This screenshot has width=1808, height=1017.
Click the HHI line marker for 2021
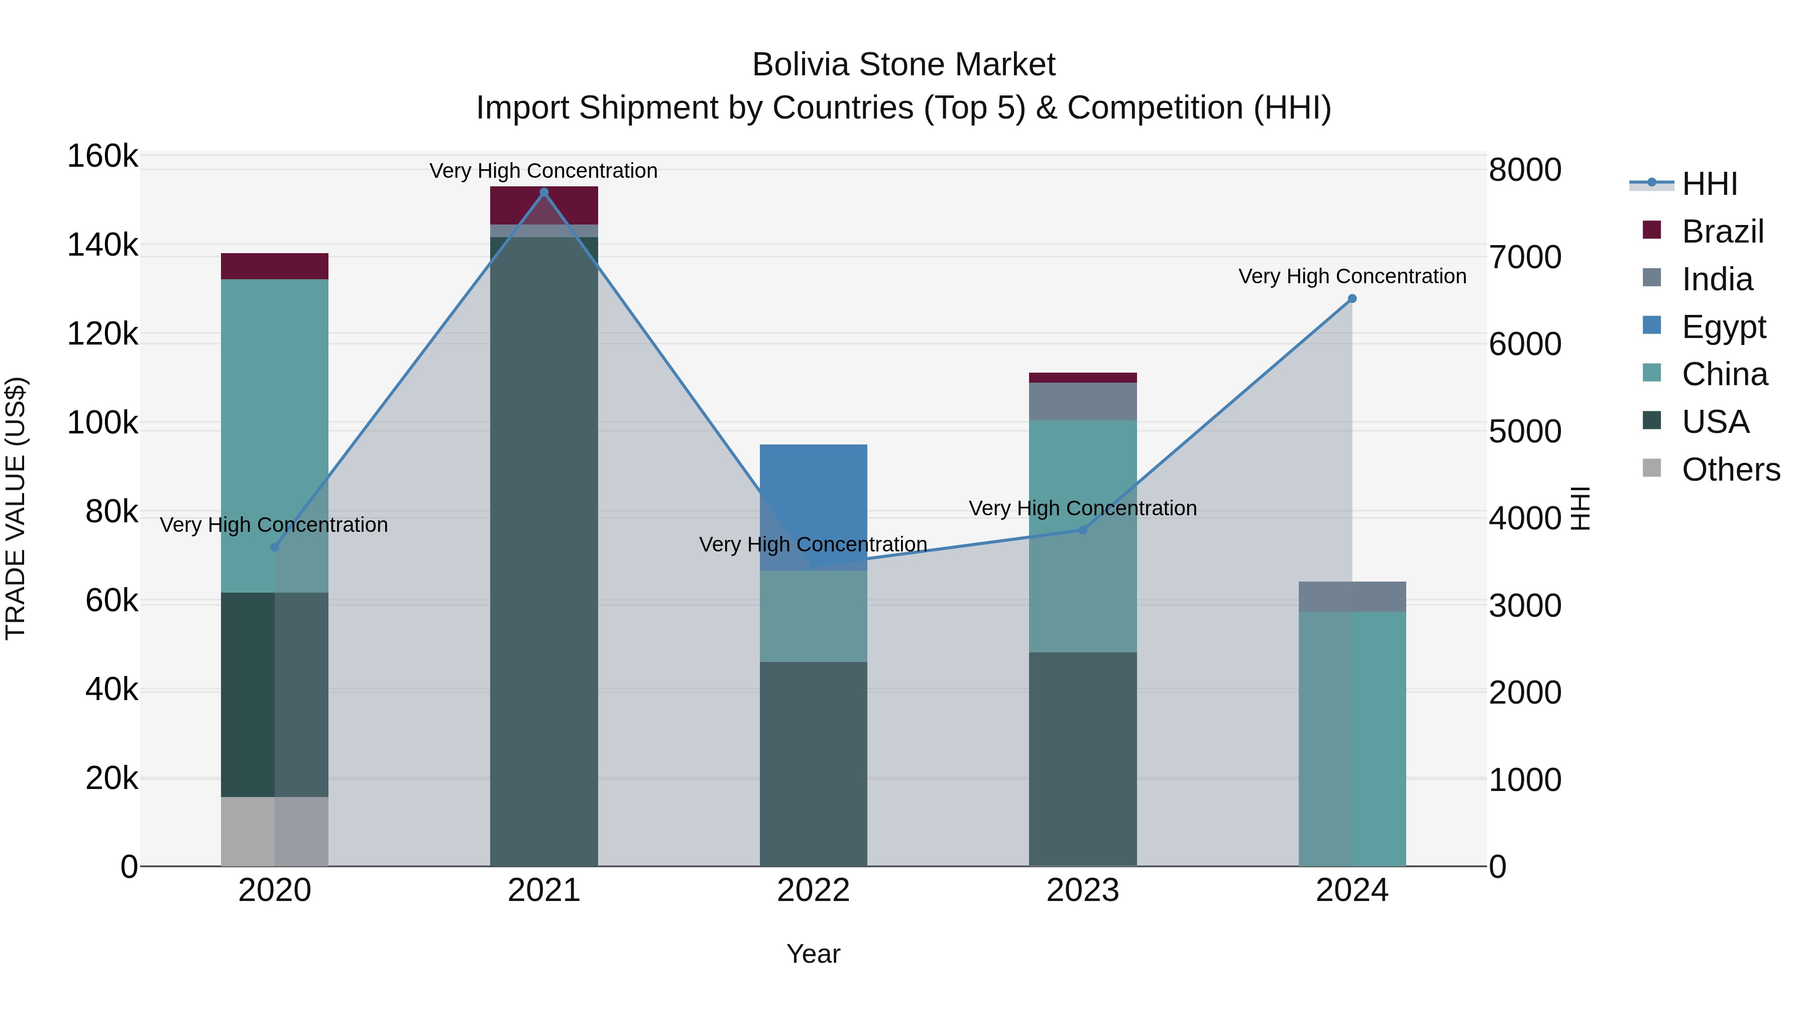click(544, 192)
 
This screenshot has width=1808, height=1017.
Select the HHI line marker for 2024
click(1352, 299)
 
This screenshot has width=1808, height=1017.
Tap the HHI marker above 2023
click(1082, 530)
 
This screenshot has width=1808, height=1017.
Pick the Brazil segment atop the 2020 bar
click(274, 266)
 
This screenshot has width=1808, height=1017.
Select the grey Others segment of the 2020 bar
click(274, 831)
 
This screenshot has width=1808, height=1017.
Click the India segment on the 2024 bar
click(1352, 597)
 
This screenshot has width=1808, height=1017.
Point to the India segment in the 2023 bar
click(1082, 401)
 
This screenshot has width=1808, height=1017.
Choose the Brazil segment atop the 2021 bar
click(544, 205)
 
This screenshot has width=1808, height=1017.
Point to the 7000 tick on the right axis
click(1524, 258)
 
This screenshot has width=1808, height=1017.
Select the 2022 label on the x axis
click(814, 890)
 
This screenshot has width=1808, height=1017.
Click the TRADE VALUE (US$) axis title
click(16, 508)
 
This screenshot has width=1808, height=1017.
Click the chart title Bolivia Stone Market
click(903, 65)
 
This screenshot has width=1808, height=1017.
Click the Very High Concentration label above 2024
click(1352, 277)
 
